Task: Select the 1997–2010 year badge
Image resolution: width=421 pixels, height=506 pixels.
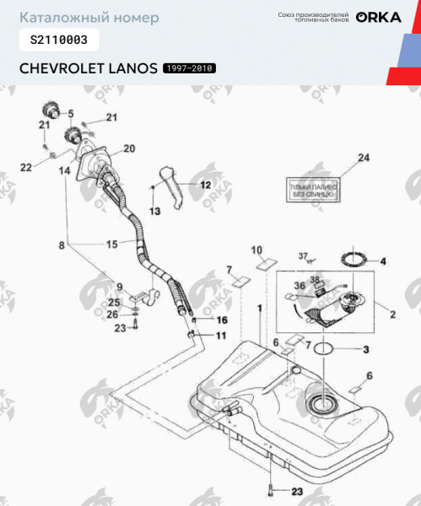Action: coord(188,68)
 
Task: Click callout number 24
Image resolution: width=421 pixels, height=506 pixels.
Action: coord(364,158)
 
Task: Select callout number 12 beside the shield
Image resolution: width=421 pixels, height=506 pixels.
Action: coord(205,184)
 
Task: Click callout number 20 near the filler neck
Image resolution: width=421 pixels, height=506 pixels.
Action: coord(129,148)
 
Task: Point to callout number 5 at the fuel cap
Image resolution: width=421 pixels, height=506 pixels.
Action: coord(70,113)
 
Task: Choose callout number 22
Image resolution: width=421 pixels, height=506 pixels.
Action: coord(25,168)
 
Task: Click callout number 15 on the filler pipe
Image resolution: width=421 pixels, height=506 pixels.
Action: coord(111,245)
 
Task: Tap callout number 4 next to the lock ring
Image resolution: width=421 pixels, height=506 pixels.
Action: coord(381,261)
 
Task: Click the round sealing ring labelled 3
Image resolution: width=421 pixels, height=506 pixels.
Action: coord(329,349)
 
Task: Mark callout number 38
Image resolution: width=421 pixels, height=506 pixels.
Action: coord(315,279)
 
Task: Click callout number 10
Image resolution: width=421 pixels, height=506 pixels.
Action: coord(258,250)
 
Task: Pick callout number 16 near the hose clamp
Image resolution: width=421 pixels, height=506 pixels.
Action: coord(222,320)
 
